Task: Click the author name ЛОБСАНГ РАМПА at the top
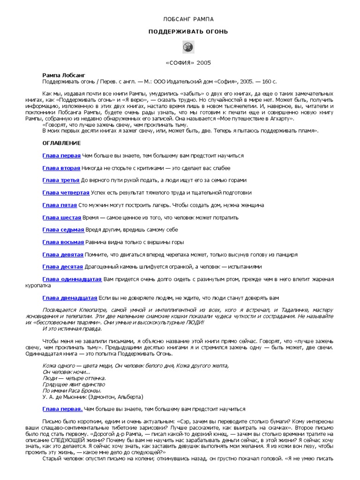[x=188, y=19]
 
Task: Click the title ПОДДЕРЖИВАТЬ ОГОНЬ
[x=188, y=32]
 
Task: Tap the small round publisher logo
[x=187, y=47]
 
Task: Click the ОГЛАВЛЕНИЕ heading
[x=61, y=143]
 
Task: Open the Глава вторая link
[x=61, y=168]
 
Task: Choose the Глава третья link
[x=61, y=180]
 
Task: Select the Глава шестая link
[x=61, y=217]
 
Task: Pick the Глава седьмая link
[x=63, y=230]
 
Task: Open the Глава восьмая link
[x=63, y=242]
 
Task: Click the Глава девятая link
[x=63, y=255]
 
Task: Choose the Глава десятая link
[x=63, y=267]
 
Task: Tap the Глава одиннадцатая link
[x=72, y=279]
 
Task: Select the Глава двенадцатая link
[x=69, y=298]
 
